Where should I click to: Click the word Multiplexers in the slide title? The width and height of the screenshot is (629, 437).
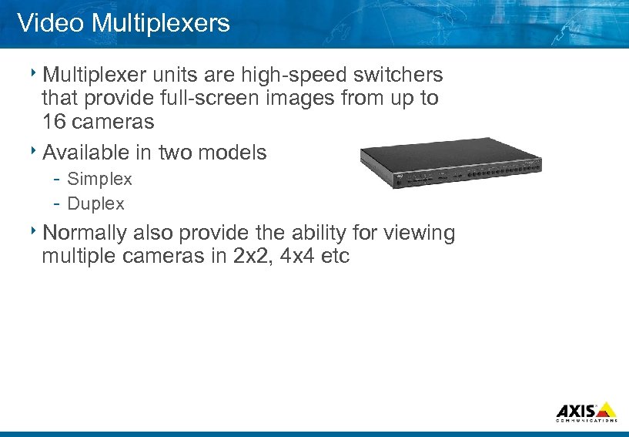160,23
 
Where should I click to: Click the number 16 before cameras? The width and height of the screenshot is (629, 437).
53,123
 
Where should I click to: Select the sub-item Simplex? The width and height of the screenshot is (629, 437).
99,179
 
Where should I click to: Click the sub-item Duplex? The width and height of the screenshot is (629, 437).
95,203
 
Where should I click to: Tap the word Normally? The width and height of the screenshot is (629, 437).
85,233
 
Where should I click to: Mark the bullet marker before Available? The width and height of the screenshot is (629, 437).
35,151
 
